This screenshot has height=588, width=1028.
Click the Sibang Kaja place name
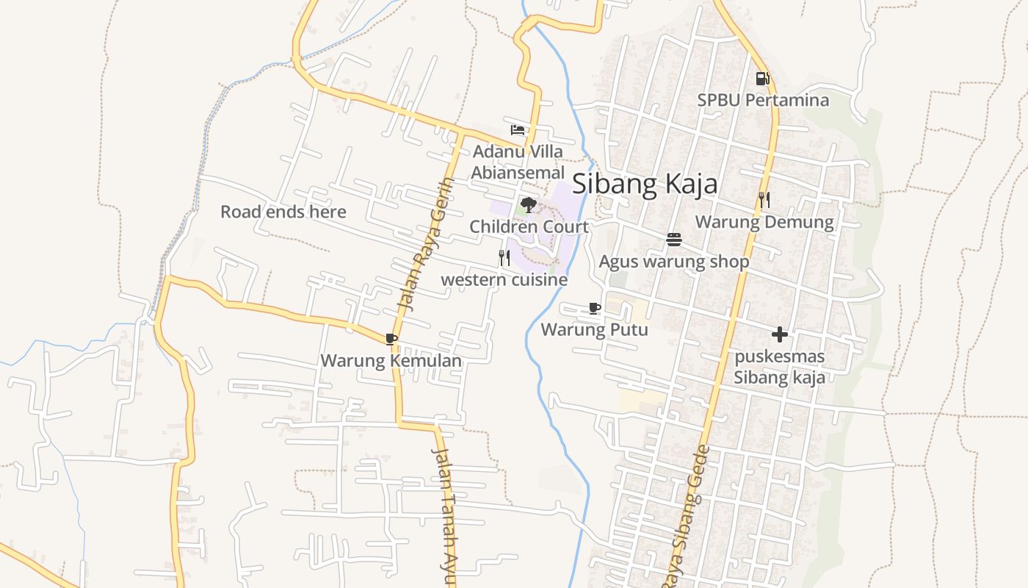[645, 184]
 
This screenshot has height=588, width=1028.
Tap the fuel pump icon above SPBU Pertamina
[762, 78]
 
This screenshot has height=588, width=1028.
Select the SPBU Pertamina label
[763, 100]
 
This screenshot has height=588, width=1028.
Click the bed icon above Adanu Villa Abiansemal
[518, 130]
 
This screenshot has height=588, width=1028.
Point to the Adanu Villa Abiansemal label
[518, 162]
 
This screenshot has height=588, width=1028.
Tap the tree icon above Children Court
[528, 205]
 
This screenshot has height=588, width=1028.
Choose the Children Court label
[529, 226]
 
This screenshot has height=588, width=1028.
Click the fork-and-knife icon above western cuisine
[504, 258]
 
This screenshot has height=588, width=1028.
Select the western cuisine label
[504, 280]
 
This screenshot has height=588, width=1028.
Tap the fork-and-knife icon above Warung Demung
[764, 200]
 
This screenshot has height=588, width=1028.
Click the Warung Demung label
[764, 222]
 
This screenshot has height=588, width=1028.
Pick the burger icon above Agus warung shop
[674, 240]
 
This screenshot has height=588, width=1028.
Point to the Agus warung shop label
[674, 262]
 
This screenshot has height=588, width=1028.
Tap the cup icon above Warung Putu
[595, 308]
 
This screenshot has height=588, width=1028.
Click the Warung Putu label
[595, 329]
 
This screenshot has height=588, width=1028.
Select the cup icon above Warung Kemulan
[391, 339]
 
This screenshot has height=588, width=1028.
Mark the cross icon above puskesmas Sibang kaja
[780, 334]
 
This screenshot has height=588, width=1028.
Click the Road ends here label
[283, 212]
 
